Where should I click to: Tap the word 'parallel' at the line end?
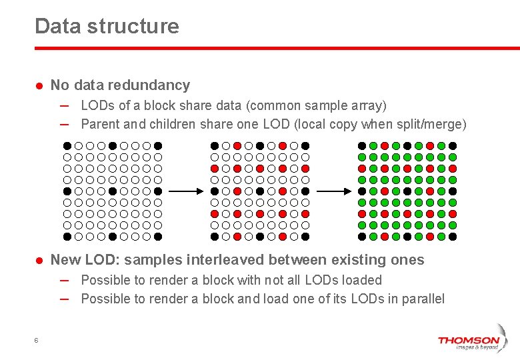point(421,299)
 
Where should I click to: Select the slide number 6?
point(36,341)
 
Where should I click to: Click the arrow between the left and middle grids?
point(184,191)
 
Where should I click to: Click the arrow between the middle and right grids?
point(331,191)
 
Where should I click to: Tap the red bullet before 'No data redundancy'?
point(39,86)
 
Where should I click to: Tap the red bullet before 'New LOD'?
point(39,261)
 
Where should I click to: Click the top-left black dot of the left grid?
point(67,146)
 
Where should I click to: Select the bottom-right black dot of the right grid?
point(453,236)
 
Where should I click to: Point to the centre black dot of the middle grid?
point(260,191)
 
